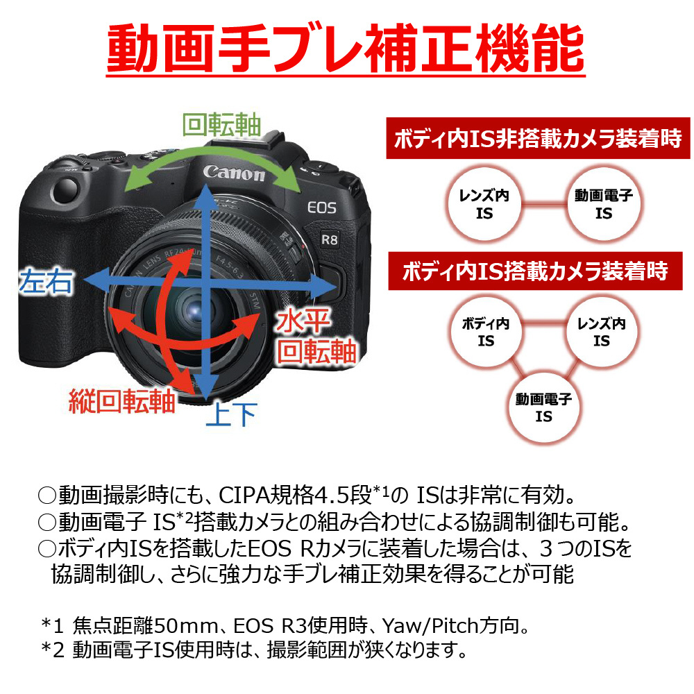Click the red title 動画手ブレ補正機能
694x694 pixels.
tap(346, 49)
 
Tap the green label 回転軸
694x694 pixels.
tap(222, 125)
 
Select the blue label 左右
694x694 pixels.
tap(46, 281)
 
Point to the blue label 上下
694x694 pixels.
tap(232, 414)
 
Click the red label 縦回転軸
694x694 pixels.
tap(122, 401)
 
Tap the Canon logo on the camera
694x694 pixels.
tap(234, 173)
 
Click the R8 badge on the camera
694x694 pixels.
tap(329, 240)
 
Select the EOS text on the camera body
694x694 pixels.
tap(322, 208)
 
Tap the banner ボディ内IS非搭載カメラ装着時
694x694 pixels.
tap(538, 138)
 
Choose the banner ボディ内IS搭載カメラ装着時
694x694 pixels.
tap(535, 271)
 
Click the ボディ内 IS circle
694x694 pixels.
tap(486, 332)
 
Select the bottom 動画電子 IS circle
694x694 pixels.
tap(543, 407)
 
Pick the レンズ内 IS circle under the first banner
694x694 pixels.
tap(484, 204)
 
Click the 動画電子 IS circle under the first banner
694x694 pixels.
tap(604, 204)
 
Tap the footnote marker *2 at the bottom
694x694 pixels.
tap(53, 650)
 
